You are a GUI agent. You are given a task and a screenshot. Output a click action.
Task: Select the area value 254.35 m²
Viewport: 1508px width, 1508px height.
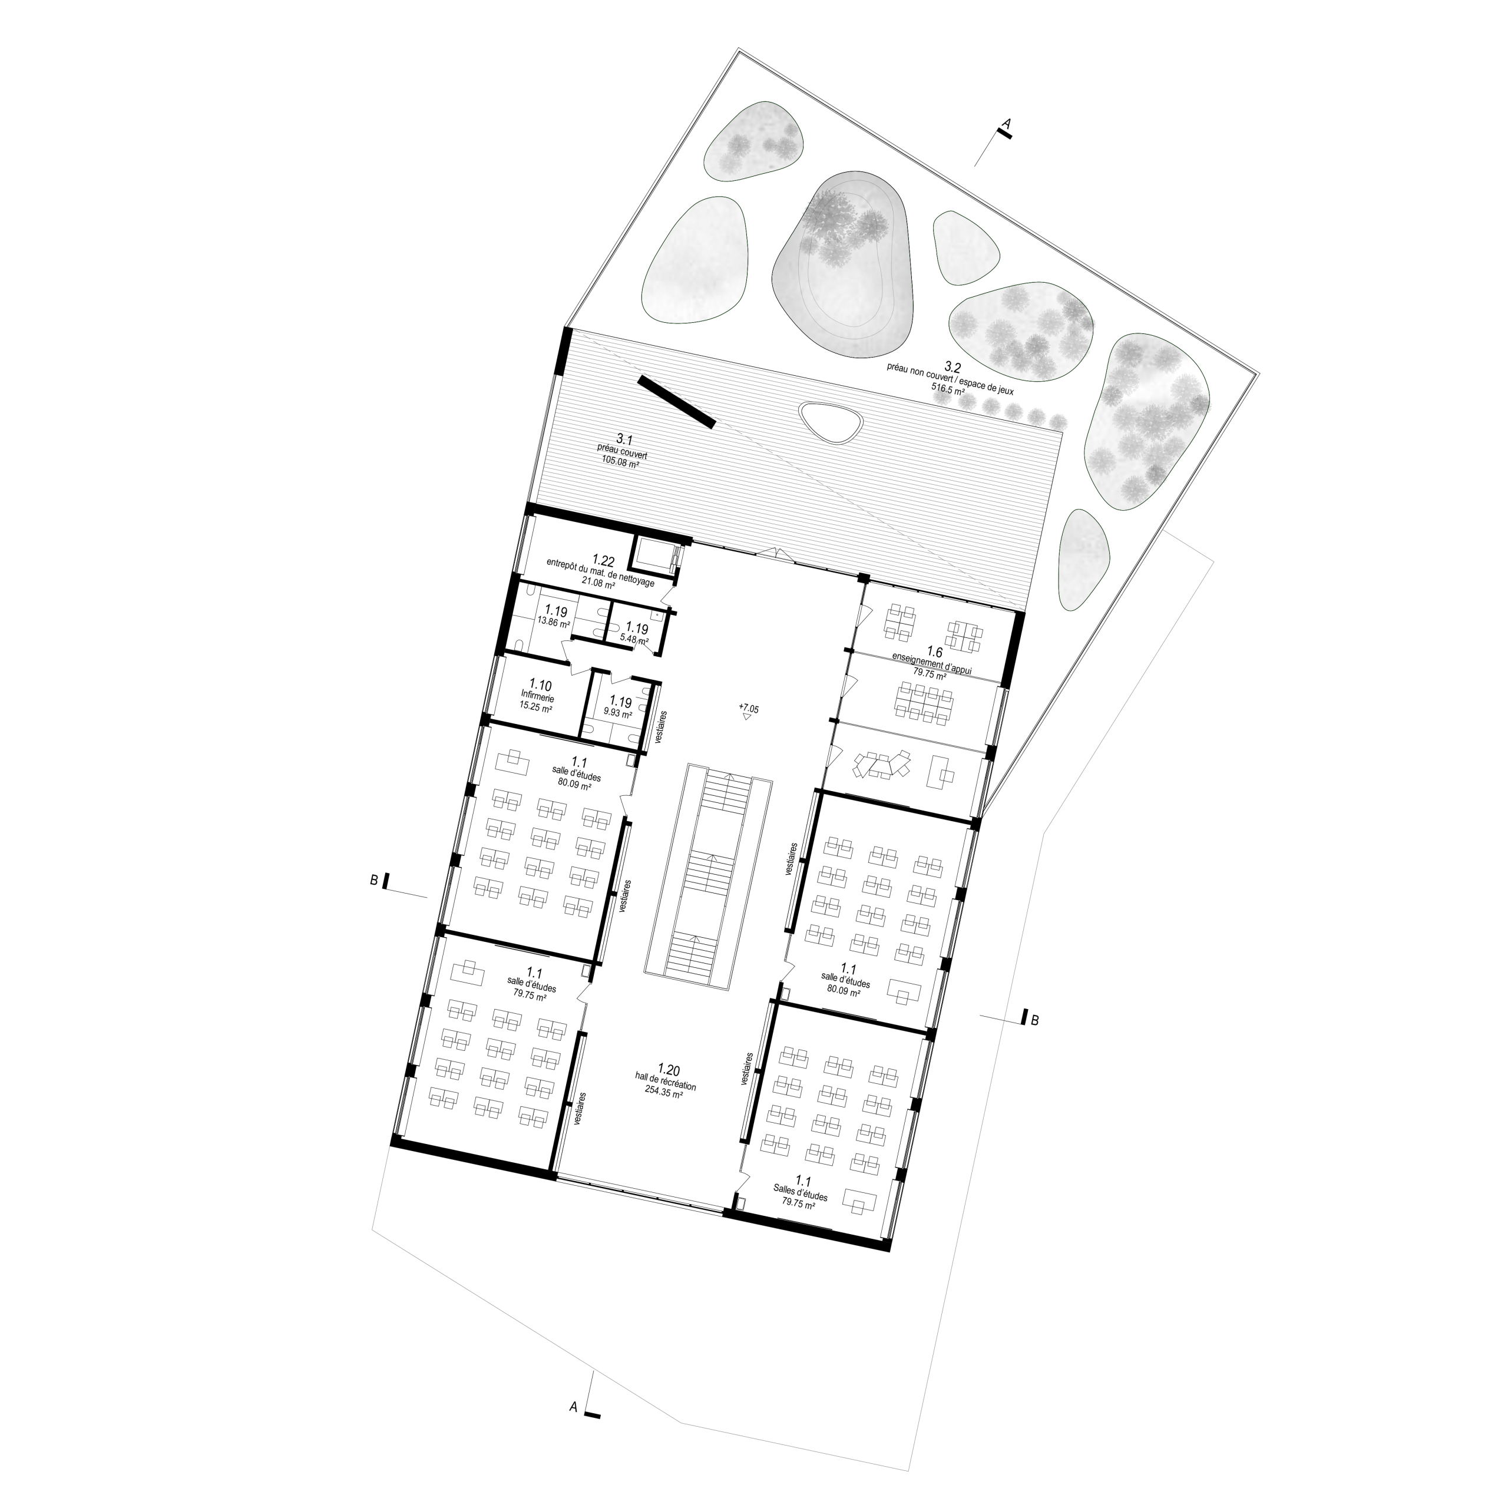(664, 1095)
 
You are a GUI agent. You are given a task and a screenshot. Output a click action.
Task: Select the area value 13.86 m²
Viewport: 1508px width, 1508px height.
(553, 624)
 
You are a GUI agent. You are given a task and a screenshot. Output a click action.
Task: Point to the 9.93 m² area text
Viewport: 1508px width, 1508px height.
(617, 713)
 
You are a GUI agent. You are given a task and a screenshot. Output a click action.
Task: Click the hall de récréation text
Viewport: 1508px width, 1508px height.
(665, 1085)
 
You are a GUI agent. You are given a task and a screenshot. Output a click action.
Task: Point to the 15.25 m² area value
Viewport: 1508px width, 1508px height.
(536, 707)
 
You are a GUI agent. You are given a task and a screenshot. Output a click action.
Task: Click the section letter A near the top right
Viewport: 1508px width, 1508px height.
(1006, 123)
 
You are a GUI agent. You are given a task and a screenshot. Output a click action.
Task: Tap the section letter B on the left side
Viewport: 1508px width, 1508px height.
(374, 881)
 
